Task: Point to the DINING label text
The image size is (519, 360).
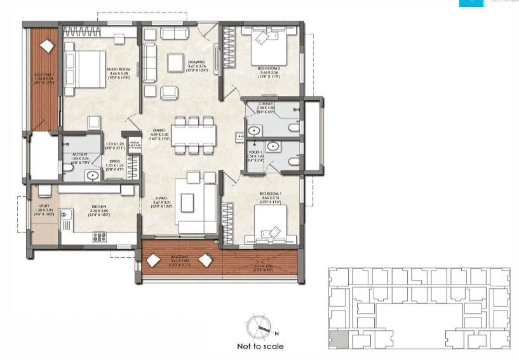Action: (159, 131)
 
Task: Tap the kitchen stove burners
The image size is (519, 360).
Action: (100, 237)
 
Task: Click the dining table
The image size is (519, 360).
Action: (193, 135)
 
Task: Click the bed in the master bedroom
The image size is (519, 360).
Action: (84, 69)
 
